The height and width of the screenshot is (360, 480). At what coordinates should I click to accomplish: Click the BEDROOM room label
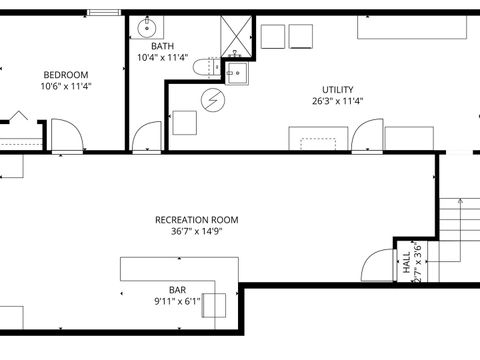tap(65, 75)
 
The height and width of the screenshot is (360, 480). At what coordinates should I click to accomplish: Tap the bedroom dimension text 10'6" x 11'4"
tap(65, 87)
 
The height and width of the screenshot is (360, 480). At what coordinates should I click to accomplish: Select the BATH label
tap(162, 46)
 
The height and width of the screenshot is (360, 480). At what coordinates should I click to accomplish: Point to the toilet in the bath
tap(205, 69)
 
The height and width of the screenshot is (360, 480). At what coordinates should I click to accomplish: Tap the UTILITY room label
tap(337, 89)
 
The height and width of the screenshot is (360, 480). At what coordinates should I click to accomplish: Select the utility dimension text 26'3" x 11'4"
tap(337, 101)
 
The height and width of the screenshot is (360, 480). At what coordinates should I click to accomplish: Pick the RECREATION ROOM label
tap(196, 220)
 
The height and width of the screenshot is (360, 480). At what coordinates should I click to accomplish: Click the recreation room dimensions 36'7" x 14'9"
tap(196, 232)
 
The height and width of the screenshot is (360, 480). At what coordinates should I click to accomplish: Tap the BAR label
tap(177, 290)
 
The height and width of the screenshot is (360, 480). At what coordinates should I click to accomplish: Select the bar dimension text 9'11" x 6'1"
tap(177, 301)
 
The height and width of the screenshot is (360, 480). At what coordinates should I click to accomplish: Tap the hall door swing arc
tap(377, 265)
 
